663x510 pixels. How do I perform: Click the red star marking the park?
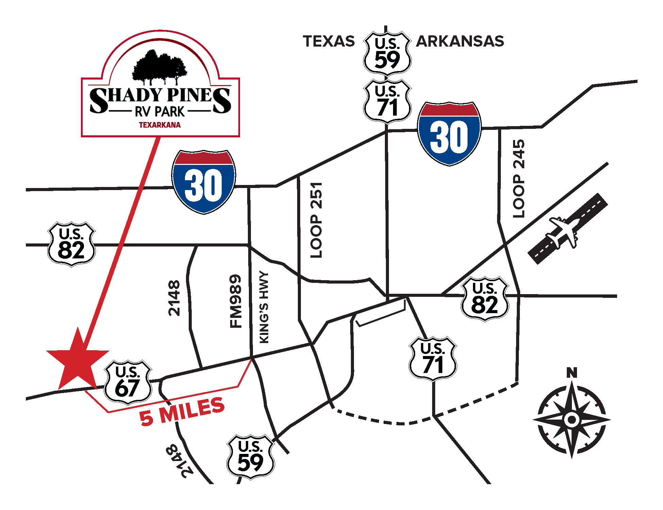click(78, 360)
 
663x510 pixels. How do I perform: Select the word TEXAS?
click(329, 41)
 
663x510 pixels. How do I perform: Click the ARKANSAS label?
click(460, 41)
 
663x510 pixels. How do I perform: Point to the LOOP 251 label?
click(316, 220)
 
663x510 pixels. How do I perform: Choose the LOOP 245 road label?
click(519, 178)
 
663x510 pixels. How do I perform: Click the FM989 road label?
click(236, 301)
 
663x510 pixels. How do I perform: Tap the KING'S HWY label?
click(264, 307)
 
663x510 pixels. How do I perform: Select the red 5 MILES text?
click(182, 411)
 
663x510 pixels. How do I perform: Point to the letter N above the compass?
click(572, 373)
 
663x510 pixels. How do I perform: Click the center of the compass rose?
click(572, 419)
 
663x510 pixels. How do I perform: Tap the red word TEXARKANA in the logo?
click(160, 125)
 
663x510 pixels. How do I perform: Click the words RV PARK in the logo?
click(160, 112)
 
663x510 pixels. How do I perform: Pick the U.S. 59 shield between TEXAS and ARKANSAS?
click(387, 53)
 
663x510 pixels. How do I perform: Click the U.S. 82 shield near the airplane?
click(485, 299)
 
